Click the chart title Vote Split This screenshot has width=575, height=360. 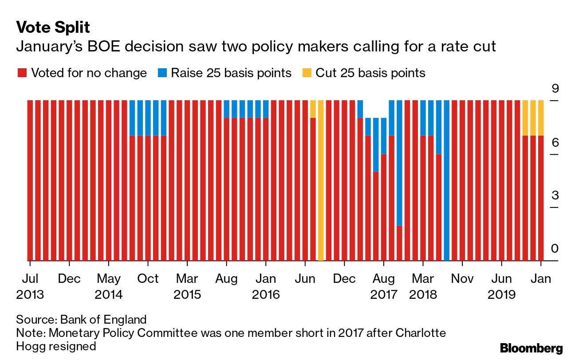(53, 27)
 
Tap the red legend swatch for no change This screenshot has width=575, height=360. (22, 73)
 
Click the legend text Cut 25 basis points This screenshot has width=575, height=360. (370, 73)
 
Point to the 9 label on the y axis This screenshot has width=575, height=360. (555, 89)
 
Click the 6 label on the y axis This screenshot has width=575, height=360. (555, 142)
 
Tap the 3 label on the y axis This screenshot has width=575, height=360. (555, 196)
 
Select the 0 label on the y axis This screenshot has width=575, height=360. (555, 249)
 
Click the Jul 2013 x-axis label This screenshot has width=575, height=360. (30, 286)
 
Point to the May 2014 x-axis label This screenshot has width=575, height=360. (109, 286)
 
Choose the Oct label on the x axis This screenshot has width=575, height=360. (148, 279)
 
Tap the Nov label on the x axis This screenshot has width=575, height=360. (462, 279)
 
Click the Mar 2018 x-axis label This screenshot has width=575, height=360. (422, 286)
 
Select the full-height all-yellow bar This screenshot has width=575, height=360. (321, 180)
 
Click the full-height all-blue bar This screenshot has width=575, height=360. (446, 180)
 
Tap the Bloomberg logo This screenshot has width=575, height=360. (531, 348)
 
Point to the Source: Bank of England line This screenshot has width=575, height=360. (81, 319)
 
